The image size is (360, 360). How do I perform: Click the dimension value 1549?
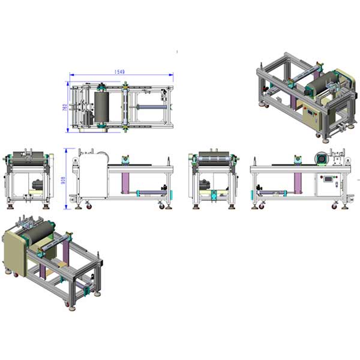119,72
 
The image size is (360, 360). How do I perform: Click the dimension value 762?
65,107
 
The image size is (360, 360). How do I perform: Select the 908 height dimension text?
64,180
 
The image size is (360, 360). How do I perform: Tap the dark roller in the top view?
101,107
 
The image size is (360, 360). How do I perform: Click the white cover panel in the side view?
93,176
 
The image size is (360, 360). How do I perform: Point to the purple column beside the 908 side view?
125,183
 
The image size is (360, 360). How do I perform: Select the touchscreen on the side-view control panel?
328,179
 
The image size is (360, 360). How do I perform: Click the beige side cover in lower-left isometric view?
15,253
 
